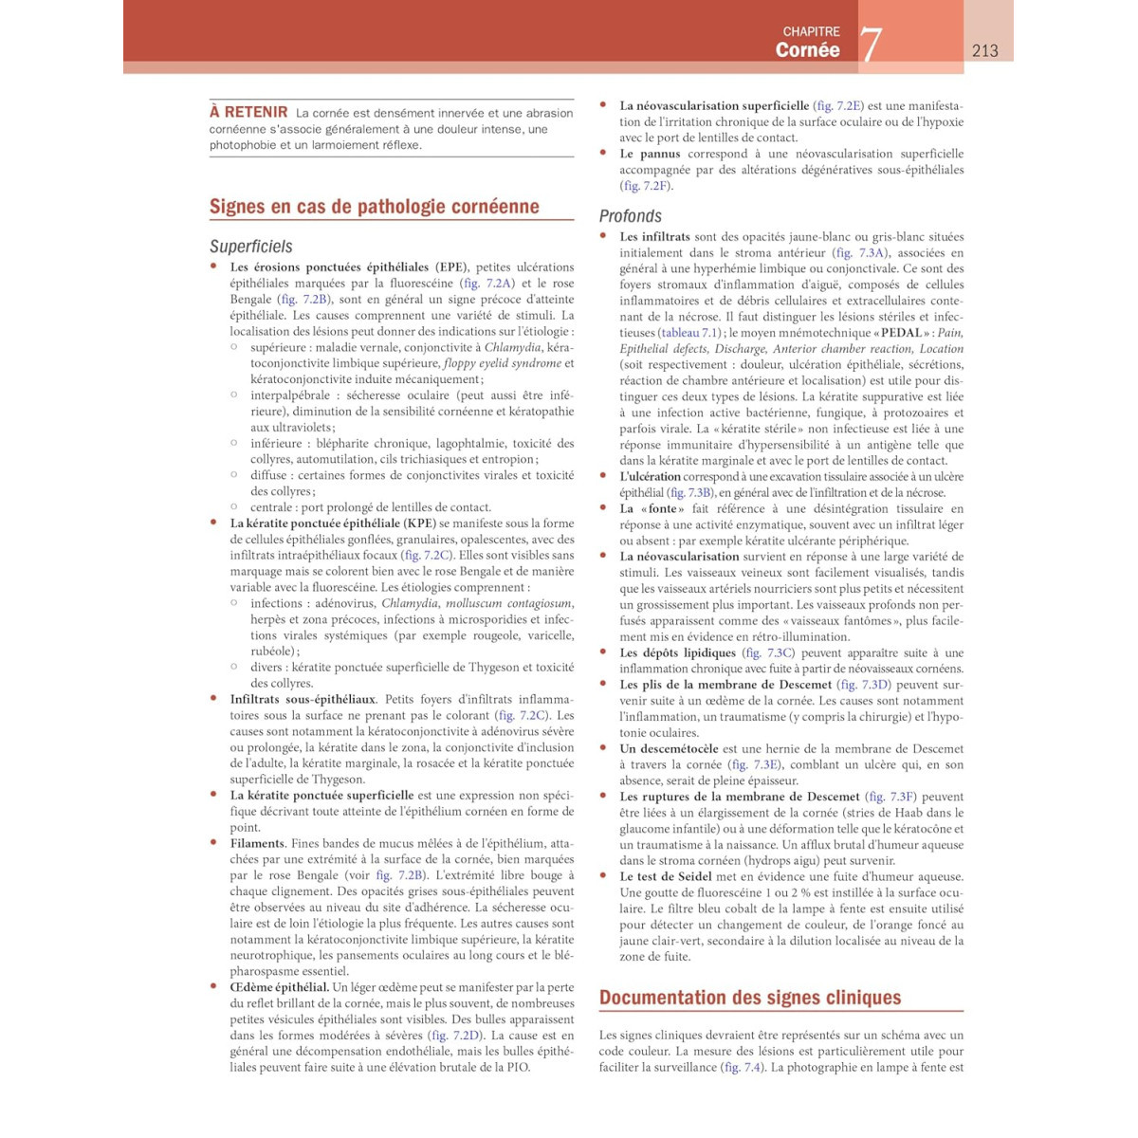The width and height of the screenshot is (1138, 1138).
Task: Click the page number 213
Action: click(x=984, y=50)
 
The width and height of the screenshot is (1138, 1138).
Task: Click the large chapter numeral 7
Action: click(x=871, y=44)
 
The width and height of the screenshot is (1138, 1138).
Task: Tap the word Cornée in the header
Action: click(x=807, y=50)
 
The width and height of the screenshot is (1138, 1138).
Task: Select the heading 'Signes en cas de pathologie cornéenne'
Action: click(x=374, y=207)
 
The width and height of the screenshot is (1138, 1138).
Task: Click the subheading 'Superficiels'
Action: click(x=250, y=247)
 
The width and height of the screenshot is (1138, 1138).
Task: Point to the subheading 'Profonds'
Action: click(x=630, y=216)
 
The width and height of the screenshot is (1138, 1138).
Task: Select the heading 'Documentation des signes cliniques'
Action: click(x=750, y=998)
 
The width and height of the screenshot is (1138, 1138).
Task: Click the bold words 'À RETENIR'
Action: click(x=248, y=112)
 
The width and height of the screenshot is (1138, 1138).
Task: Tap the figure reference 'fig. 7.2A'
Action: click(x=487, y=284)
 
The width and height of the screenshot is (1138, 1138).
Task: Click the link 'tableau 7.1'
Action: click(x=693, y=333)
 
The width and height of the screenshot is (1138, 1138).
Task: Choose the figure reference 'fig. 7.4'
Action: click(x=743, y=1068)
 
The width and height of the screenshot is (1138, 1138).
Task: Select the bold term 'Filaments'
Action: click(x=257, y=844)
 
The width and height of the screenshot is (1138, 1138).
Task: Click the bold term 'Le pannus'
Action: click(x=650, y=154)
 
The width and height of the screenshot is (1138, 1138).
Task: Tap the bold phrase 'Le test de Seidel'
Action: click(x=666, y=877)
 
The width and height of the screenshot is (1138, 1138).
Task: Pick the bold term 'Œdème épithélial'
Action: click(x=279, y=987)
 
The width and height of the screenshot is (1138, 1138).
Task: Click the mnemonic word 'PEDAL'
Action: click(x=900, y=333)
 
